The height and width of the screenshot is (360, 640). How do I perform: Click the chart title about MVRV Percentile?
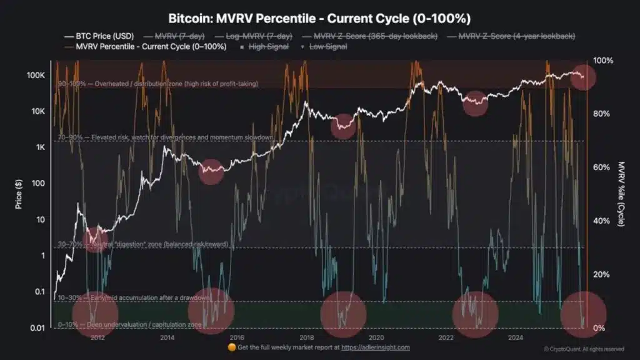click(x=319, y=17)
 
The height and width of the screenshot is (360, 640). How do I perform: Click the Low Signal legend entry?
click(x=326, y=46)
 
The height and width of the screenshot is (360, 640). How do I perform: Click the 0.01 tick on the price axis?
click(x=36, y=328)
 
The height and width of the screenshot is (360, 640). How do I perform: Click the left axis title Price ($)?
click(x=19, y=194)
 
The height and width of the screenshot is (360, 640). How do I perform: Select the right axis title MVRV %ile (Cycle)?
click(x=622, y=194)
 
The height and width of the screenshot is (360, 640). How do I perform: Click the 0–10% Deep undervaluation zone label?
click(x=130, y=325)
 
